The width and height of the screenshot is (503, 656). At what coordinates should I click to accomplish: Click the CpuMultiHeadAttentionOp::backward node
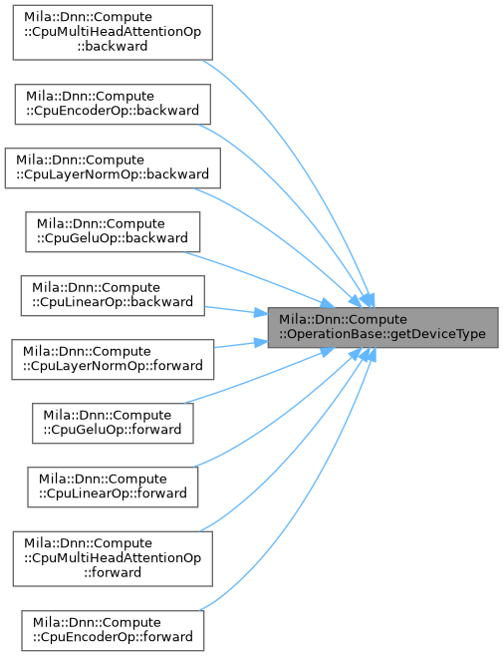(113, 32)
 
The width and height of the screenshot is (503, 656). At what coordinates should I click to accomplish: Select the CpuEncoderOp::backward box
(113, 104)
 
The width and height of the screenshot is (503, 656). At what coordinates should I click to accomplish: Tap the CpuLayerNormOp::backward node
(113, 167)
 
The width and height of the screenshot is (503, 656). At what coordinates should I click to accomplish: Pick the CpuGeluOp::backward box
(113, 231)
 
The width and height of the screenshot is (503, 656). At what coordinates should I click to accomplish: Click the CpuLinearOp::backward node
(113, 295)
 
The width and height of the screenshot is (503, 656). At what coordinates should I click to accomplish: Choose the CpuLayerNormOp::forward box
(113, 359)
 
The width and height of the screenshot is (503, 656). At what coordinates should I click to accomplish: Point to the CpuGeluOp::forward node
(113, 423)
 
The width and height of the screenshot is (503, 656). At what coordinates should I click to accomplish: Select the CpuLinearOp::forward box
(113, 487)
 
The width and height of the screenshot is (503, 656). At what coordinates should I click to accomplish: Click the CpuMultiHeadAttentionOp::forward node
(113, 558)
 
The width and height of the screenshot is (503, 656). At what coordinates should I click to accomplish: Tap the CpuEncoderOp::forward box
(113, 630)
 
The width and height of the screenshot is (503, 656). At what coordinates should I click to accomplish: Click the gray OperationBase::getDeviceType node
(382, 328)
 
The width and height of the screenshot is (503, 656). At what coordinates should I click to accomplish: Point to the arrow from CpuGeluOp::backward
(260, 277)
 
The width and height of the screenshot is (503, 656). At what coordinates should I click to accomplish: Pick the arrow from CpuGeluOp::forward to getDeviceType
(260, 378)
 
